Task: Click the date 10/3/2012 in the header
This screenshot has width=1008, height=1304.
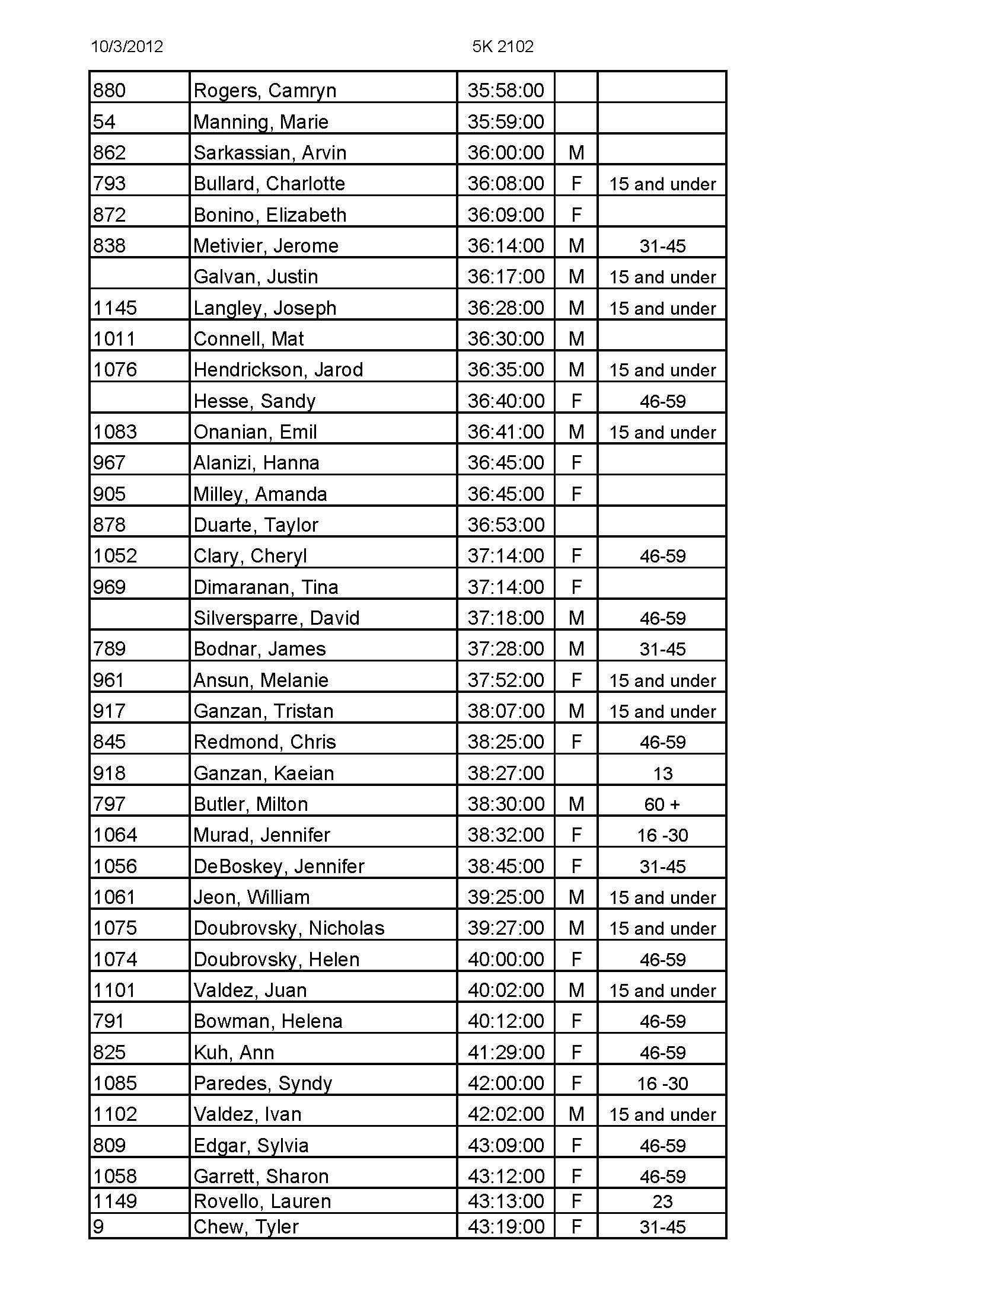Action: click(x=127, y=47)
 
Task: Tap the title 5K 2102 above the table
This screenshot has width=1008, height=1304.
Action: click(x=503, y=47)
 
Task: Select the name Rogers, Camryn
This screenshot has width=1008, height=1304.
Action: click(x=264, y=91)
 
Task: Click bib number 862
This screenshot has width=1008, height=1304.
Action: click(x=109, y=153)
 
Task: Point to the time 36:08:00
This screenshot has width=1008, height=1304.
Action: click(x=506, y=184)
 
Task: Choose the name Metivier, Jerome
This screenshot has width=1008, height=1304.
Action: click(x=266, y=246)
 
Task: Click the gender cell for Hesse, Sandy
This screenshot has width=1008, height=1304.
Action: click(x=576, y=401)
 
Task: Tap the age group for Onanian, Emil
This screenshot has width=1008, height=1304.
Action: click(x=662, y=432)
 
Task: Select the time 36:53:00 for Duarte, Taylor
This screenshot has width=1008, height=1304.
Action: click(x=506, y=525)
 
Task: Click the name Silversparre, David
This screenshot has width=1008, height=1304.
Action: click(x=276, y=618)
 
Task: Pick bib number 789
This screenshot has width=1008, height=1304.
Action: click(x=109, y=649)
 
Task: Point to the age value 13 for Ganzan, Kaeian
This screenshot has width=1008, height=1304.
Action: click(x=662, y=774)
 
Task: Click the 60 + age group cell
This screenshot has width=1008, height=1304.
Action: click(x=662, y=804)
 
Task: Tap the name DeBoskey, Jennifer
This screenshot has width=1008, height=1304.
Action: click(x=279, y=867)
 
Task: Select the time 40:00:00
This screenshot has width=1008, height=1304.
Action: click(x=506, y=960)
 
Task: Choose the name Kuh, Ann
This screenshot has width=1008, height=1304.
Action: click(x=234, y=1053)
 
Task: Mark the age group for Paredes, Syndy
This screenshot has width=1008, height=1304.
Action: click(x=662, y=1084)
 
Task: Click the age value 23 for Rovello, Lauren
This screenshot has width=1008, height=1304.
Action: click(x=662, y=1201)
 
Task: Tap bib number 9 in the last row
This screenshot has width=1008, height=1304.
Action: click(x=98, y=1227)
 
